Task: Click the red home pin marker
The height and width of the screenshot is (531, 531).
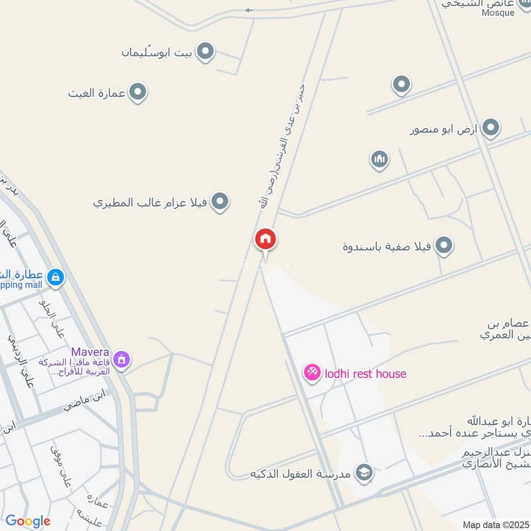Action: click(265, 240)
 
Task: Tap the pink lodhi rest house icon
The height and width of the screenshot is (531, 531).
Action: click(311, 373)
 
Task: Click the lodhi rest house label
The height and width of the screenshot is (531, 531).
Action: click(365, 374)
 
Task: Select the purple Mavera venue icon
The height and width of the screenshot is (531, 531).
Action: click(121, 359)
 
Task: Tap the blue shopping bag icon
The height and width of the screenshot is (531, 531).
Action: click(56, 277)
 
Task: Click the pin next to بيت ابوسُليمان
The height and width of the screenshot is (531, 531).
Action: click(206, 51)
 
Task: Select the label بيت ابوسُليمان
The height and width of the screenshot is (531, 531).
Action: click(159, 52)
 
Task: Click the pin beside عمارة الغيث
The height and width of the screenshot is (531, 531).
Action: click(137, 92)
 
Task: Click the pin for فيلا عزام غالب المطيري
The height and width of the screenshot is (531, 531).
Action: click(220, 201)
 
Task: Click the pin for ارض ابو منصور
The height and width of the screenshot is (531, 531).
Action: click(490, 128)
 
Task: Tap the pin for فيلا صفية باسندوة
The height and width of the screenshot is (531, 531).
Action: click(443, 246)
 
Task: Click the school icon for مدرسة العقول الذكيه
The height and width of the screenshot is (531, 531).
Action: click(364, 473)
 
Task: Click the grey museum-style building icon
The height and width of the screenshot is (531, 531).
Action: click(380, 159)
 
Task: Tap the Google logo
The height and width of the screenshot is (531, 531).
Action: click(28, 521)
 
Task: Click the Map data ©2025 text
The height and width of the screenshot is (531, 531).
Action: click(494, 524)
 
